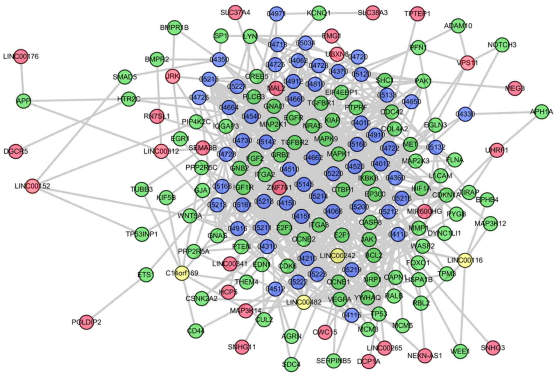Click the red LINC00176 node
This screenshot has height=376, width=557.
click(x=21, y=56)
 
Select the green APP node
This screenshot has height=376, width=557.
click(x=24, y=101)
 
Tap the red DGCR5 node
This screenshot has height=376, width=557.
click(x=16, y=151)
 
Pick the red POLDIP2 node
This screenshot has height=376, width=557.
click(x=86, y=322)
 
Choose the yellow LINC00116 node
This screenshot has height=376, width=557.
click(x=465, y=260)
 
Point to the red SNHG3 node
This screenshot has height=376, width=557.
click(x=493, y=347)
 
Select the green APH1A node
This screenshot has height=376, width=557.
click(x=542, y=112)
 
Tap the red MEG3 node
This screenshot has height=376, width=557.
click(x=515, y=88)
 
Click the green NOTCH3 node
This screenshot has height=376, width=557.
click(x=502, y=45)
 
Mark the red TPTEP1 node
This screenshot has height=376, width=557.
click(x=417, y=14)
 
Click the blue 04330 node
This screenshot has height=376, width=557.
click(x=465, y=114)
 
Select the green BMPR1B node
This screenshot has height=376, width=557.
click(x=174, y=28)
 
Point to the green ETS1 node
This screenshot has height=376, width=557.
click(x=146, y=275)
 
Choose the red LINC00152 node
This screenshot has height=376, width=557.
click(x=32, y=186)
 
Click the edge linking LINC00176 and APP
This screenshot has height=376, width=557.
click(x=22, y=79)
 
